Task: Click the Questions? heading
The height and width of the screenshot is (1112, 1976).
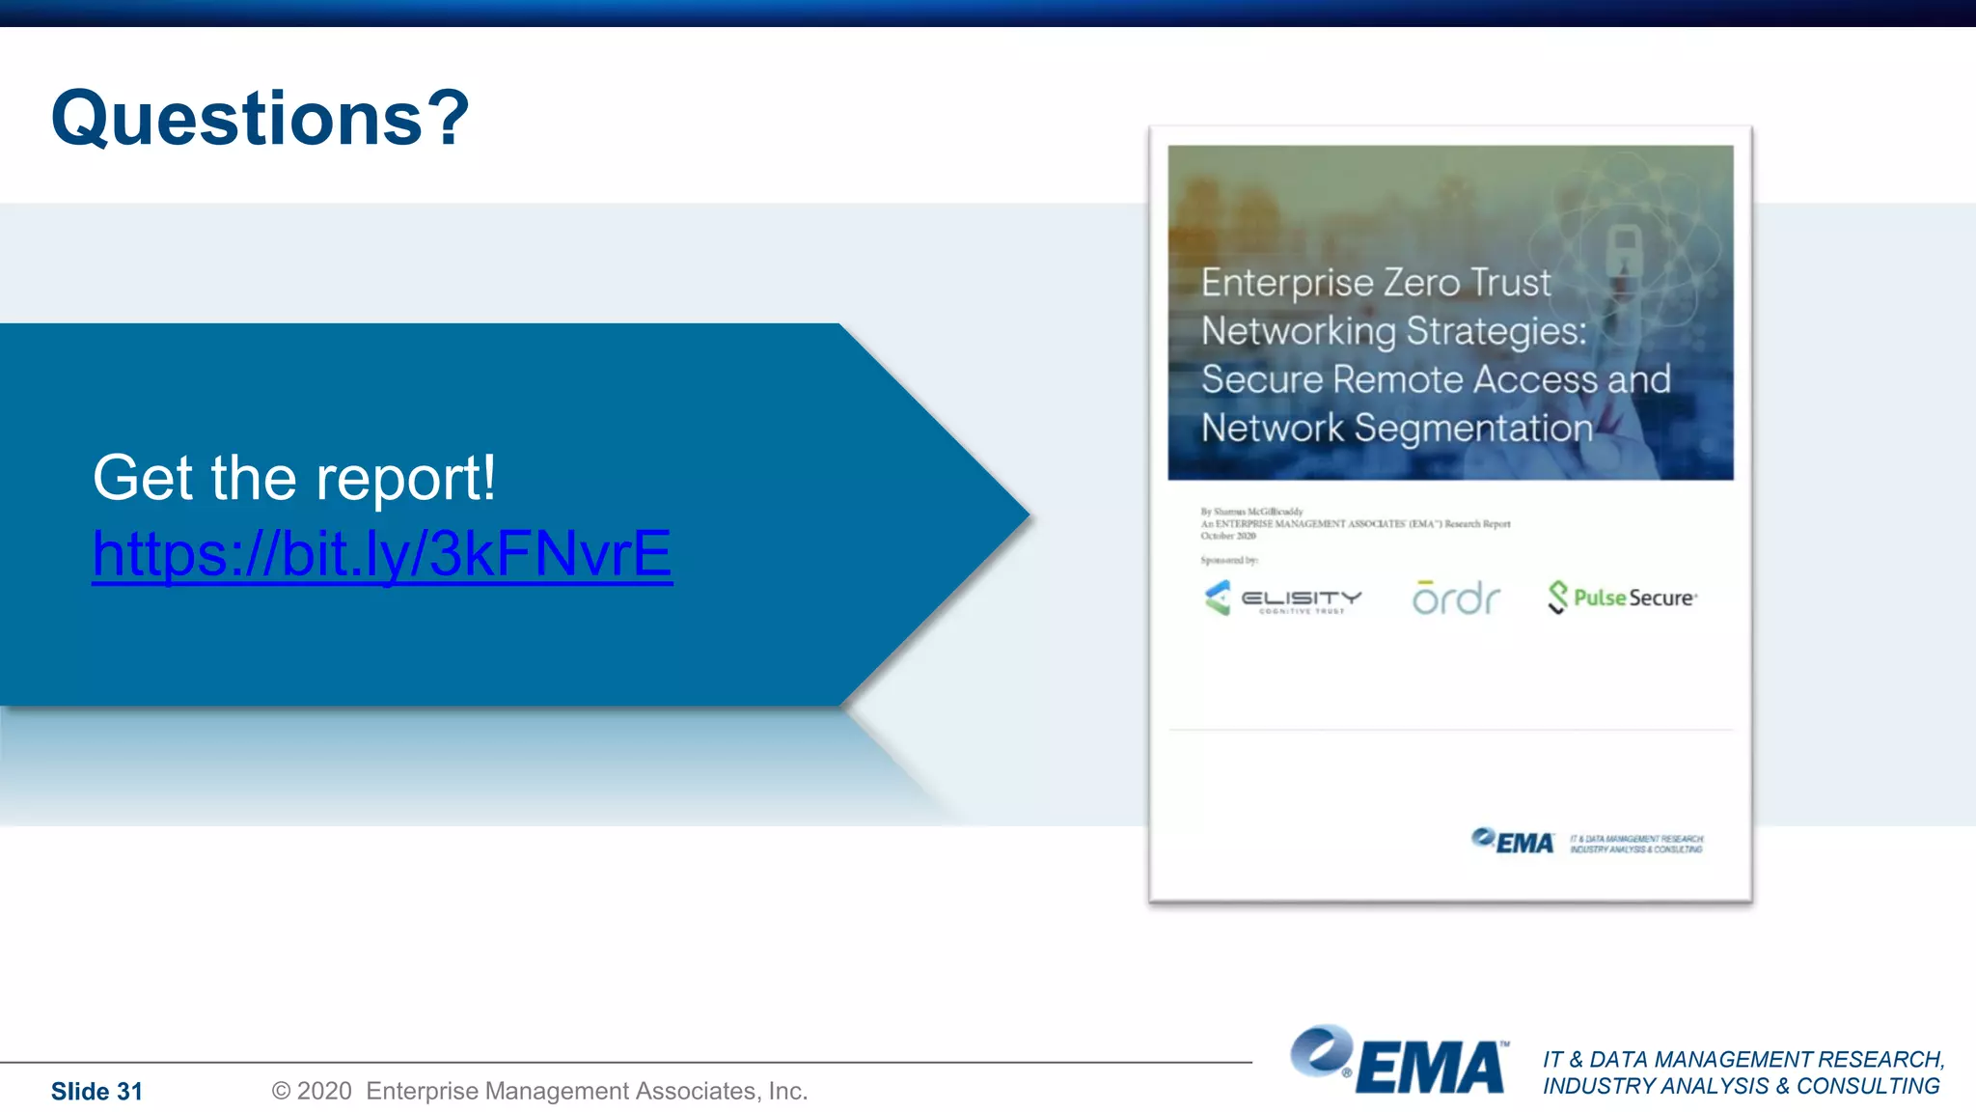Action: [x=260, y=119]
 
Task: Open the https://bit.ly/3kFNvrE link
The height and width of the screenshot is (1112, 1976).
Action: [x=382, y=554]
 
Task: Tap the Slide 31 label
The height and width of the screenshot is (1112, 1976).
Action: [x=96, y=1092]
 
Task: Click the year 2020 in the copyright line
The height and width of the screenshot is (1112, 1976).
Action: [x=324, y=1091]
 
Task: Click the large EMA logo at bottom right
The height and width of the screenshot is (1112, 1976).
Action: [x=1399, y=1062]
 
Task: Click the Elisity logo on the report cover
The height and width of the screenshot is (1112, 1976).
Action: [x=1283, y=598]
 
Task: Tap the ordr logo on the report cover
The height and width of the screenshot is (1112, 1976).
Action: [x=1456, y=598]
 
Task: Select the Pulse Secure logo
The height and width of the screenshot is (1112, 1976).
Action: [x=1623, y=598]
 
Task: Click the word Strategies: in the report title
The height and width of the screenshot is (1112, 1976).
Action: [x=1496, y=331]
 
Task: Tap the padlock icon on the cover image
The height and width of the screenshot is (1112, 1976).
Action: [x=1624, y=249]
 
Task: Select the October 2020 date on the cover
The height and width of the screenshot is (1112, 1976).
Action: [x=1228, y=536]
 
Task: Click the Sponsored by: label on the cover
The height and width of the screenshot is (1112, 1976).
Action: [x=1229, y=560]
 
